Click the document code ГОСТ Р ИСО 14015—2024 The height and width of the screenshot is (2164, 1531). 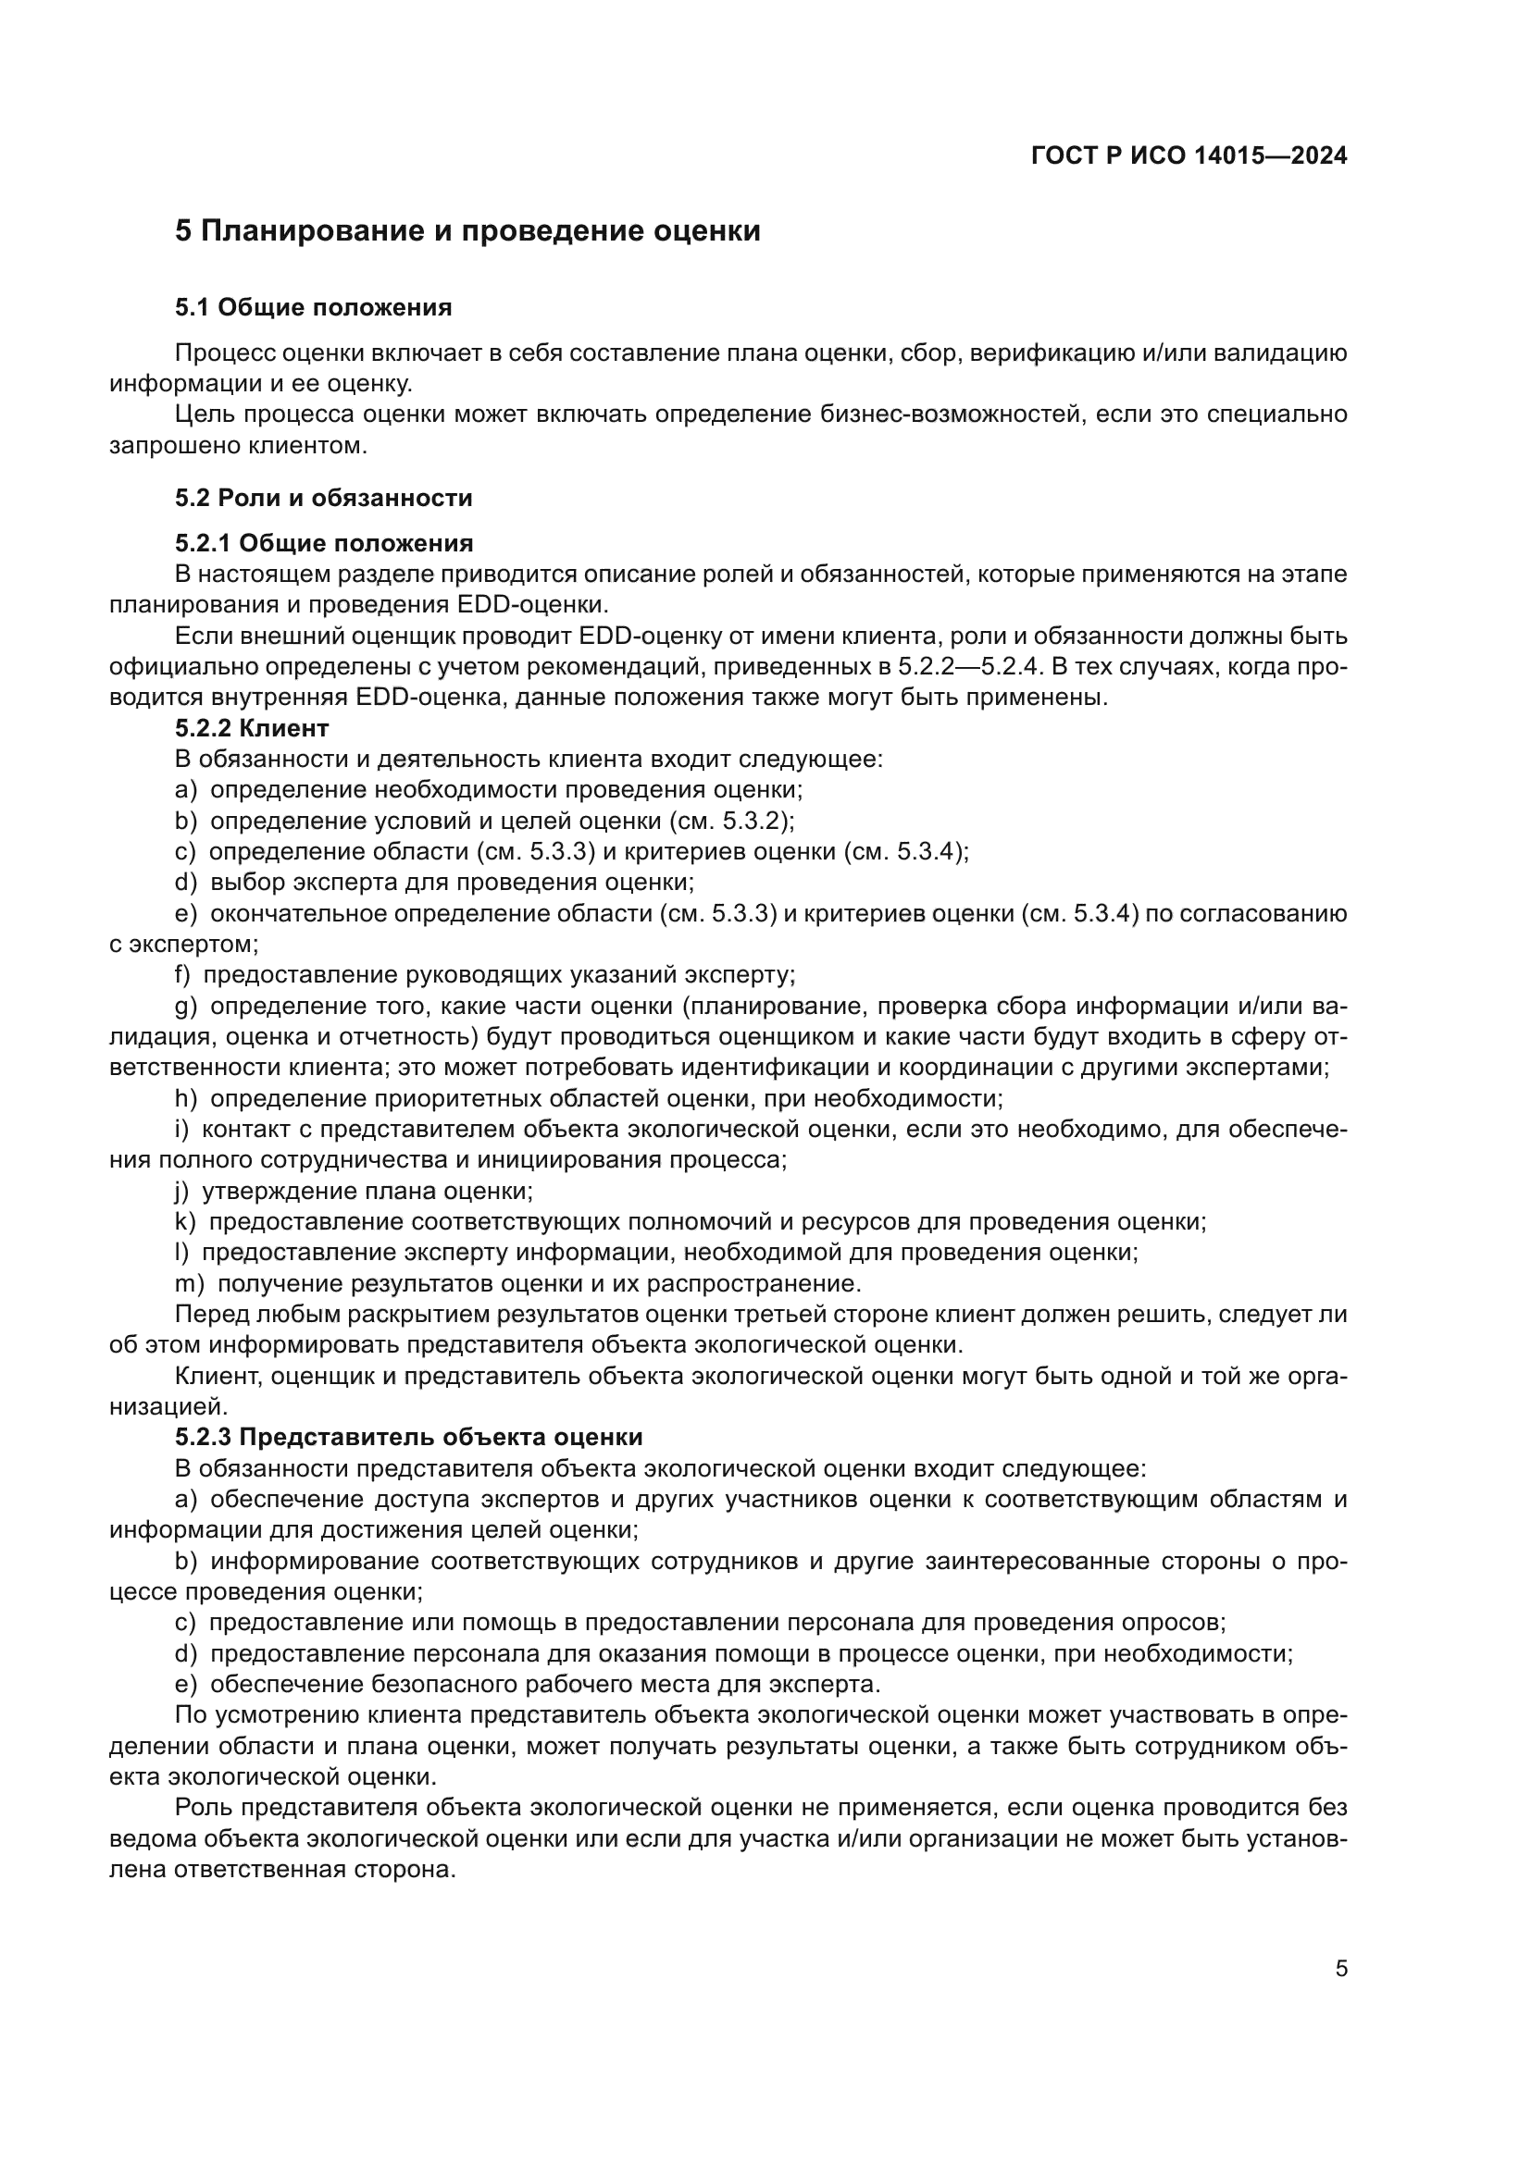[x=1189, y=155]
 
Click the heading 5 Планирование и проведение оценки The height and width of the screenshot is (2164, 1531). [x=467, y=231]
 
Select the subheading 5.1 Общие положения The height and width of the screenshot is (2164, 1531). [x=313, y=307]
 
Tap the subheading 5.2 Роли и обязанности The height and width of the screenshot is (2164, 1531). [x=323, y=498]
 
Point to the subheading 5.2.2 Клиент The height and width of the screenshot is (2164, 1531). [x=252, y=727]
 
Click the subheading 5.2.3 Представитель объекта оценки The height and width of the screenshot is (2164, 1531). [x=408, y=1438]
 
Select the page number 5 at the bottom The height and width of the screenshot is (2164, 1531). [x=1340, y=1969]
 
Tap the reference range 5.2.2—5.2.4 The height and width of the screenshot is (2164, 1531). [x=969, y=666]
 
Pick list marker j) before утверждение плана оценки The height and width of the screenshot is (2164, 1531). [x=181, y=1192]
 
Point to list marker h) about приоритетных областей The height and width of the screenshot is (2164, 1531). [x=185, y=1099]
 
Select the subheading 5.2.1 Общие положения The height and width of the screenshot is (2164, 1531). [x=323, y=543]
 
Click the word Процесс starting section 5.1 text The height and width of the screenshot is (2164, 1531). [x=224, y=353]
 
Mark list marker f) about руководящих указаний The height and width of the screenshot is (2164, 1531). [x=182, y=974]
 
